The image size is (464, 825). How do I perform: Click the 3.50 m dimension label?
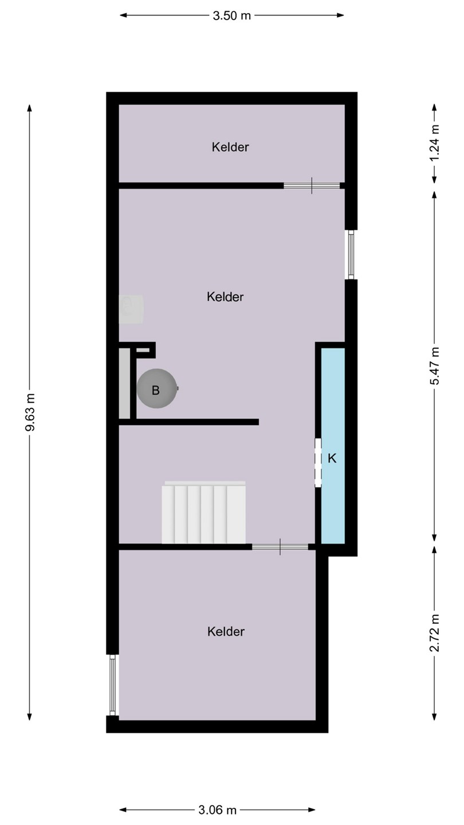coord(231,15)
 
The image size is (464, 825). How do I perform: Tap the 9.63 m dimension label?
coord(30,412)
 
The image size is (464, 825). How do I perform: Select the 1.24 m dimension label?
coord(435,143)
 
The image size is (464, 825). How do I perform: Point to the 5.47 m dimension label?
coord(435,366)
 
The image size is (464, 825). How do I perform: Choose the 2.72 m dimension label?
coord(435,632)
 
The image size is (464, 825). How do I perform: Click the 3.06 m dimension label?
coord(217,810)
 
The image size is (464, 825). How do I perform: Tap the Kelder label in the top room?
coord(230,147)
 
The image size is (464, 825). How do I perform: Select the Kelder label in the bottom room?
coord(226,631)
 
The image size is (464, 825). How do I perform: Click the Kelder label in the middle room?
coord(225,297)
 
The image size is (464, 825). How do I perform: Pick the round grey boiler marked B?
coord(157,388)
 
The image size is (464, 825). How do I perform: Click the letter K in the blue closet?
coord(332,458)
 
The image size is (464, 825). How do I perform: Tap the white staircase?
coord(204,512)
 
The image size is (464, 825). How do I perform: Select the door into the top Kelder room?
coord(312,185)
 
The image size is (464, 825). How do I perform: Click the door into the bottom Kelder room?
coord(280,547)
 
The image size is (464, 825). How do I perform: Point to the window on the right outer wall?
coord(351,254)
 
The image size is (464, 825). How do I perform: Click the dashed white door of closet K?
coord(318,462)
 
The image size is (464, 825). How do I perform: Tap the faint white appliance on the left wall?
coord(131,309)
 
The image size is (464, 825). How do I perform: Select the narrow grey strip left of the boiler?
coord(124,383)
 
